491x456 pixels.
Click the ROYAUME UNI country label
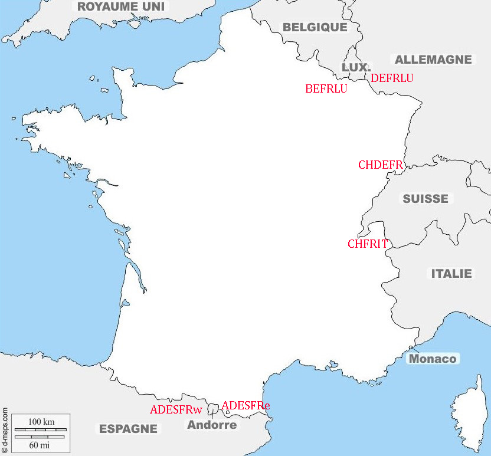[121, 7]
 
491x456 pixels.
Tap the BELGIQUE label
[315, 27]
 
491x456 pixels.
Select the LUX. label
[356, 67]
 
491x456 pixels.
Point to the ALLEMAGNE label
[433, 60]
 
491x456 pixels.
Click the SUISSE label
[425, 199]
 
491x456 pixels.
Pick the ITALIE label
[451, 274]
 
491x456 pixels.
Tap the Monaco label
[433, 359]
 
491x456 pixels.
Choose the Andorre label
[212, 425]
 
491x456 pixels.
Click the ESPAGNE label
[128, 429]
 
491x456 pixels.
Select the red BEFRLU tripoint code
[326, 89]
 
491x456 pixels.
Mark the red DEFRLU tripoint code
[392, 78]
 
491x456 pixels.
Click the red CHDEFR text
[380, 165]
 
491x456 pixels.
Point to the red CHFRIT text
[367, 244]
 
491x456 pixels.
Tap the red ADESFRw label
[176, 409]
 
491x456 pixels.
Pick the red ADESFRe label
[245, 405]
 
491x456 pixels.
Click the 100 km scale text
[41, 422]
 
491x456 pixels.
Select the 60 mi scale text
[40, 445]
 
